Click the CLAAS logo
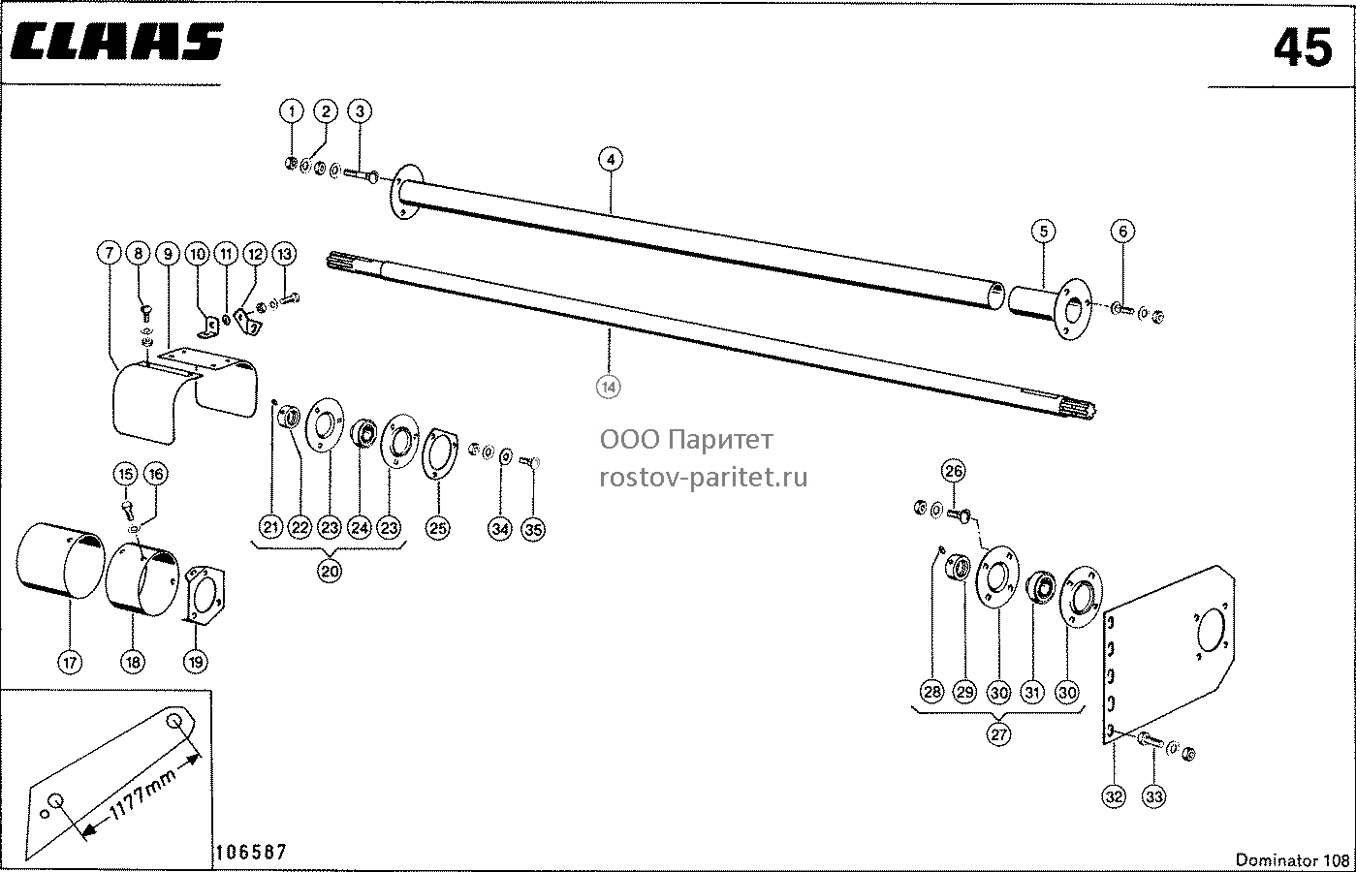pyautogui.click(x=117, y=42)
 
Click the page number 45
pyautogui.click(x=1303, y=48)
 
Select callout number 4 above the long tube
pyautogui.click(x=611, y=160)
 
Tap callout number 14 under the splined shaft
pyautogui.click(x=609, y=387)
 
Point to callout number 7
pyautogui.click(x=109, y=253)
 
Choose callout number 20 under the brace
pyautogui.click(x=330, y=572)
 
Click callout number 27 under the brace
pyautogui.click(x=998, y=734)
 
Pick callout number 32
pyautogui.click(x=1114, y=796)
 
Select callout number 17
pyautogui.click(x=70, y=663)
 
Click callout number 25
pyautogui.click(x=438, y=528)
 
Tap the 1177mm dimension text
pyautogui.click(x=142, y=794)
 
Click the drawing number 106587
pyautogui.click(x=251, y=852)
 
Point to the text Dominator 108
pyautogui.click(x=1292, y=860)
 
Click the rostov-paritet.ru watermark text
pyautogui.click(x=704, y=478)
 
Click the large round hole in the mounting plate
pyautogui.click(x=1212, y=630)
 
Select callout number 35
pyautogui.click(x=533, y=529)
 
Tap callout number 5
pyautogui.click(x=1044, y=232)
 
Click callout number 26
pyautogui.click(x=954, y=471)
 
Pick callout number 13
pyautogui.click(x=285, y=254)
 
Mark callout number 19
pyautogui.click(x=196, y=662)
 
